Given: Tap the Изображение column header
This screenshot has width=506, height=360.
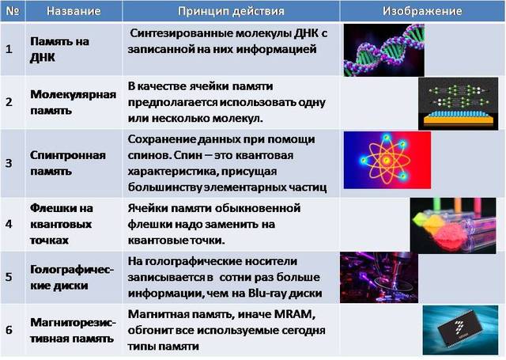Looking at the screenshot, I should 422,11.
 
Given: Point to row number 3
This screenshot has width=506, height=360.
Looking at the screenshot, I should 9,163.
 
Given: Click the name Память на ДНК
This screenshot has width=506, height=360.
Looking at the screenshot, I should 54,49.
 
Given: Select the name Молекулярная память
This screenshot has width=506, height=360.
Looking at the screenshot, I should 72,103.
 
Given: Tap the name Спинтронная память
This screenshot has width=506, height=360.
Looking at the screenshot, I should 67,163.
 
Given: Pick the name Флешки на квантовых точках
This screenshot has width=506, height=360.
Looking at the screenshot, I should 62,224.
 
